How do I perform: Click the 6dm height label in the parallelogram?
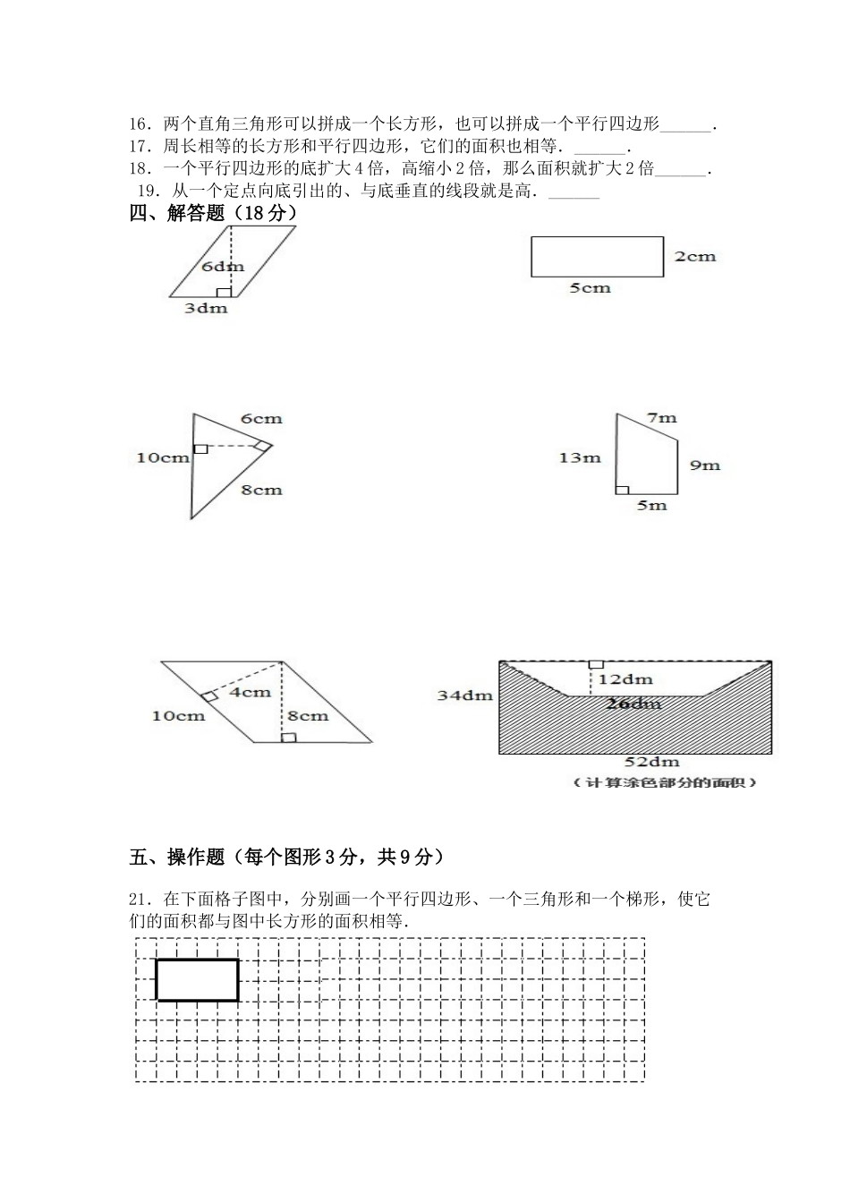pyautogui.click(x=222, y=266)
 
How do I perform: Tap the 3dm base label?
pyautogui.click(x=206, y=308)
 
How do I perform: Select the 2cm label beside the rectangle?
pyautogui.click(x=695, y=256)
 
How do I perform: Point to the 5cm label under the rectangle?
pyautogui.click(x=590, y=288)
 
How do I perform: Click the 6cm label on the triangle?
pyautogui.click(x=261, y=418)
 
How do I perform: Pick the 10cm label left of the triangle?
pyautogui.click(x=162, y=457)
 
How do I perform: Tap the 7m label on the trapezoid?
pyautogui.click(x=661, y=417)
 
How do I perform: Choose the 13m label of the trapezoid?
pyautogui.click(x=580, y=457)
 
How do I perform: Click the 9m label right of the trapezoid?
pyautogui.click(x=705, y=465)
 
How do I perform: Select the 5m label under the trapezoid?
pyautogui.click(x=651, y=506)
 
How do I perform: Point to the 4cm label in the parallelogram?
pyautogui.click(x=250, y=692)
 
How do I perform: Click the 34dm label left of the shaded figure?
pyautogui.click(x=464, y=695)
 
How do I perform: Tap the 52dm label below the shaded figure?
pyautogui.click(x=651, y=762)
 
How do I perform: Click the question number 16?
pyautogui.click(x=140, y=124)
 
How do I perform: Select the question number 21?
pyautogui.click(x=140, y=899)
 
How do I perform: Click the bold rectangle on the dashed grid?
pyautogui.click(x=197, y=979)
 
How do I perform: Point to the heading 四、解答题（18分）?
pyautogui.click(x=213, y=213)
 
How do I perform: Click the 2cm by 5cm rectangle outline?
pyautogui.click(x=597, y=256)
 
